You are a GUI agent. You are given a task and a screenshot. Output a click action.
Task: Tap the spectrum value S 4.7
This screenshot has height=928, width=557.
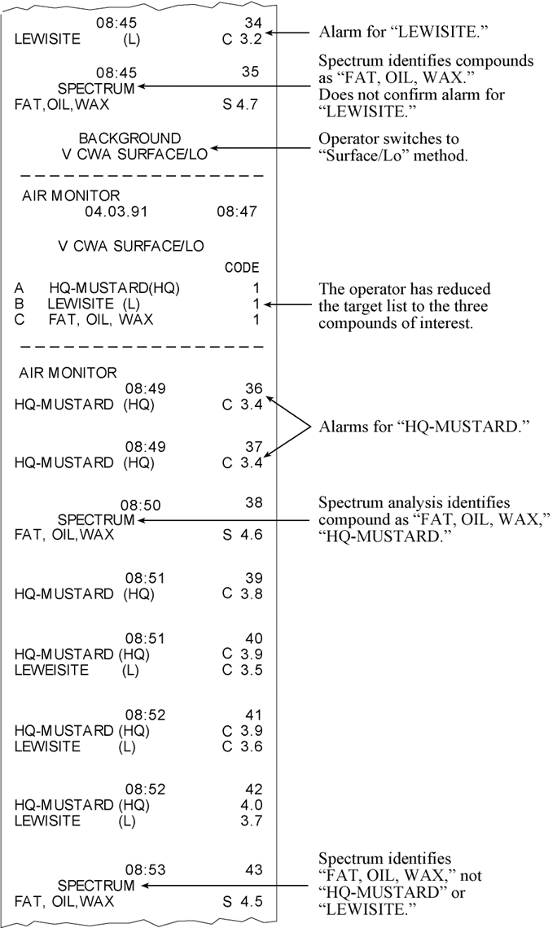click(x=242, y=104)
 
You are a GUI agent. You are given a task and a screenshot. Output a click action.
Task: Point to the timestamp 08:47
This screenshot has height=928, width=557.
click(x=237, y=212)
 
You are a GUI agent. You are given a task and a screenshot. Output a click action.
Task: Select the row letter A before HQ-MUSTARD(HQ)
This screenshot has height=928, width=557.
click(x=20, y=288)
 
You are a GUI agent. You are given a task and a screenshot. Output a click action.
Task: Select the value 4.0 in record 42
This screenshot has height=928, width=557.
click(x=248, y=805)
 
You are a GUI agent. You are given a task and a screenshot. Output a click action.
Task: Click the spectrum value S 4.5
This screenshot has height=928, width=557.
click(x=242, y=901)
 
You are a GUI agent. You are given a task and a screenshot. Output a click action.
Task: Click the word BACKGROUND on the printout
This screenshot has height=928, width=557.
click(x=129, y=138)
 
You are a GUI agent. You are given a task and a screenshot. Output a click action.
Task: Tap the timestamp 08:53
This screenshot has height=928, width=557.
click(x=146, y=870)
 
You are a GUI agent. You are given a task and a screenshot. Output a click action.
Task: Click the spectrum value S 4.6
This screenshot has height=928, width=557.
click(x=242, y=535)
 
